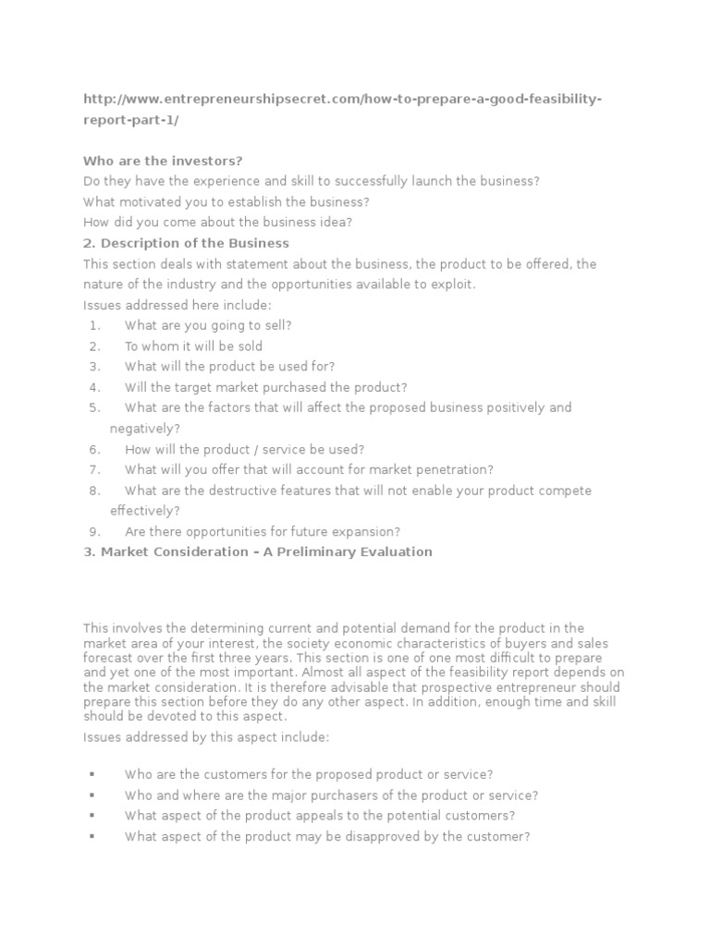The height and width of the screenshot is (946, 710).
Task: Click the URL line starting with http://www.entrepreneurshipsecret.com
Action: pos(342,100)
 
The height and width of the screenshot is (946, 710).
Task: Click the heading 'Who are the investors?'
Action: pos(163,161)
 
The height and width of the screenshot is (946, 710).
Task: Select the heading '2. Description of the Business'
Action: pos(186,243)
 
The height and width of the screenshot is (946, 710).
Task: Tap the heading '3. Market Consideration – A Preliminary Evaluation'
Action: pos(258,552)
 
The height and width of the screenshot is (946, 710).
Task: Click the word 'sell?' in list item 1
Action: pos(276,325)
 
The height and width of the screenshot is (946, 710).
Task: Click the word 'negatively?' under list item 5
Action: pos(145,429)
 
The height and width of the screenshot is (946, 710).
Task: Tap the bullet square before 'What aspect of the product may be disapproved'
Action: pos(92,837)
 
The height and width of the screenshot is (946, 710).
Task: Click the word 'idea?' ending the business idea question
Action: pos(337,223)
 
